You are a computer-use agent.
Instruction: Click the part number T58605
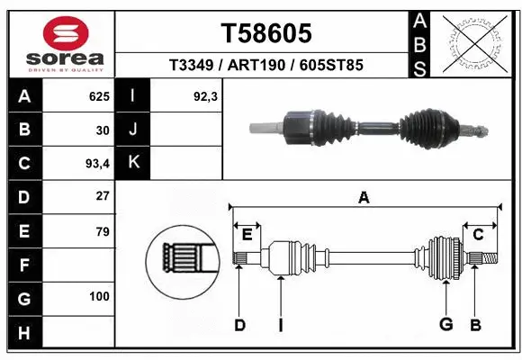click(x=266, y=33)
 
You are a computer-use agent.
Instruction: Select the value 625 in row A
click(x=98, y=96)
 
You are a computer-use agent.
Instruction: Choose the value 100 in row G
click(x=99, y=296)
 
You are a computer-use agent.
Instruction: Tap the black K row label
click(x=133, y=163)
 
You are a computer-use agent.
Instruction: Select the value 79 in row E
click(x=102, y=231)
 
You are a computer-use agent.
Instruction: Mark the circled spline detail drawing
click(x=183, y=261)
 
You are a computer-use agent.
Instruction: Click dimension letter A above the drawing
click(x=364, y=197)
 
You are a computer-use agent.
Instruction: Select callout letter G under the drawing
click(x=445, y=324)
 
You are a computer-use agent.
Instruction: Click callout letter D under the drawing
click(x=240, y=325)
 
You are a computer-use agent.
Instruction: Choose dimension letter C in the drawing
click(x=479, y=235)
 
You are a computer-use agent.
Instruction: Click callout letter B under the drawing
click(x=476, y=324)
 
